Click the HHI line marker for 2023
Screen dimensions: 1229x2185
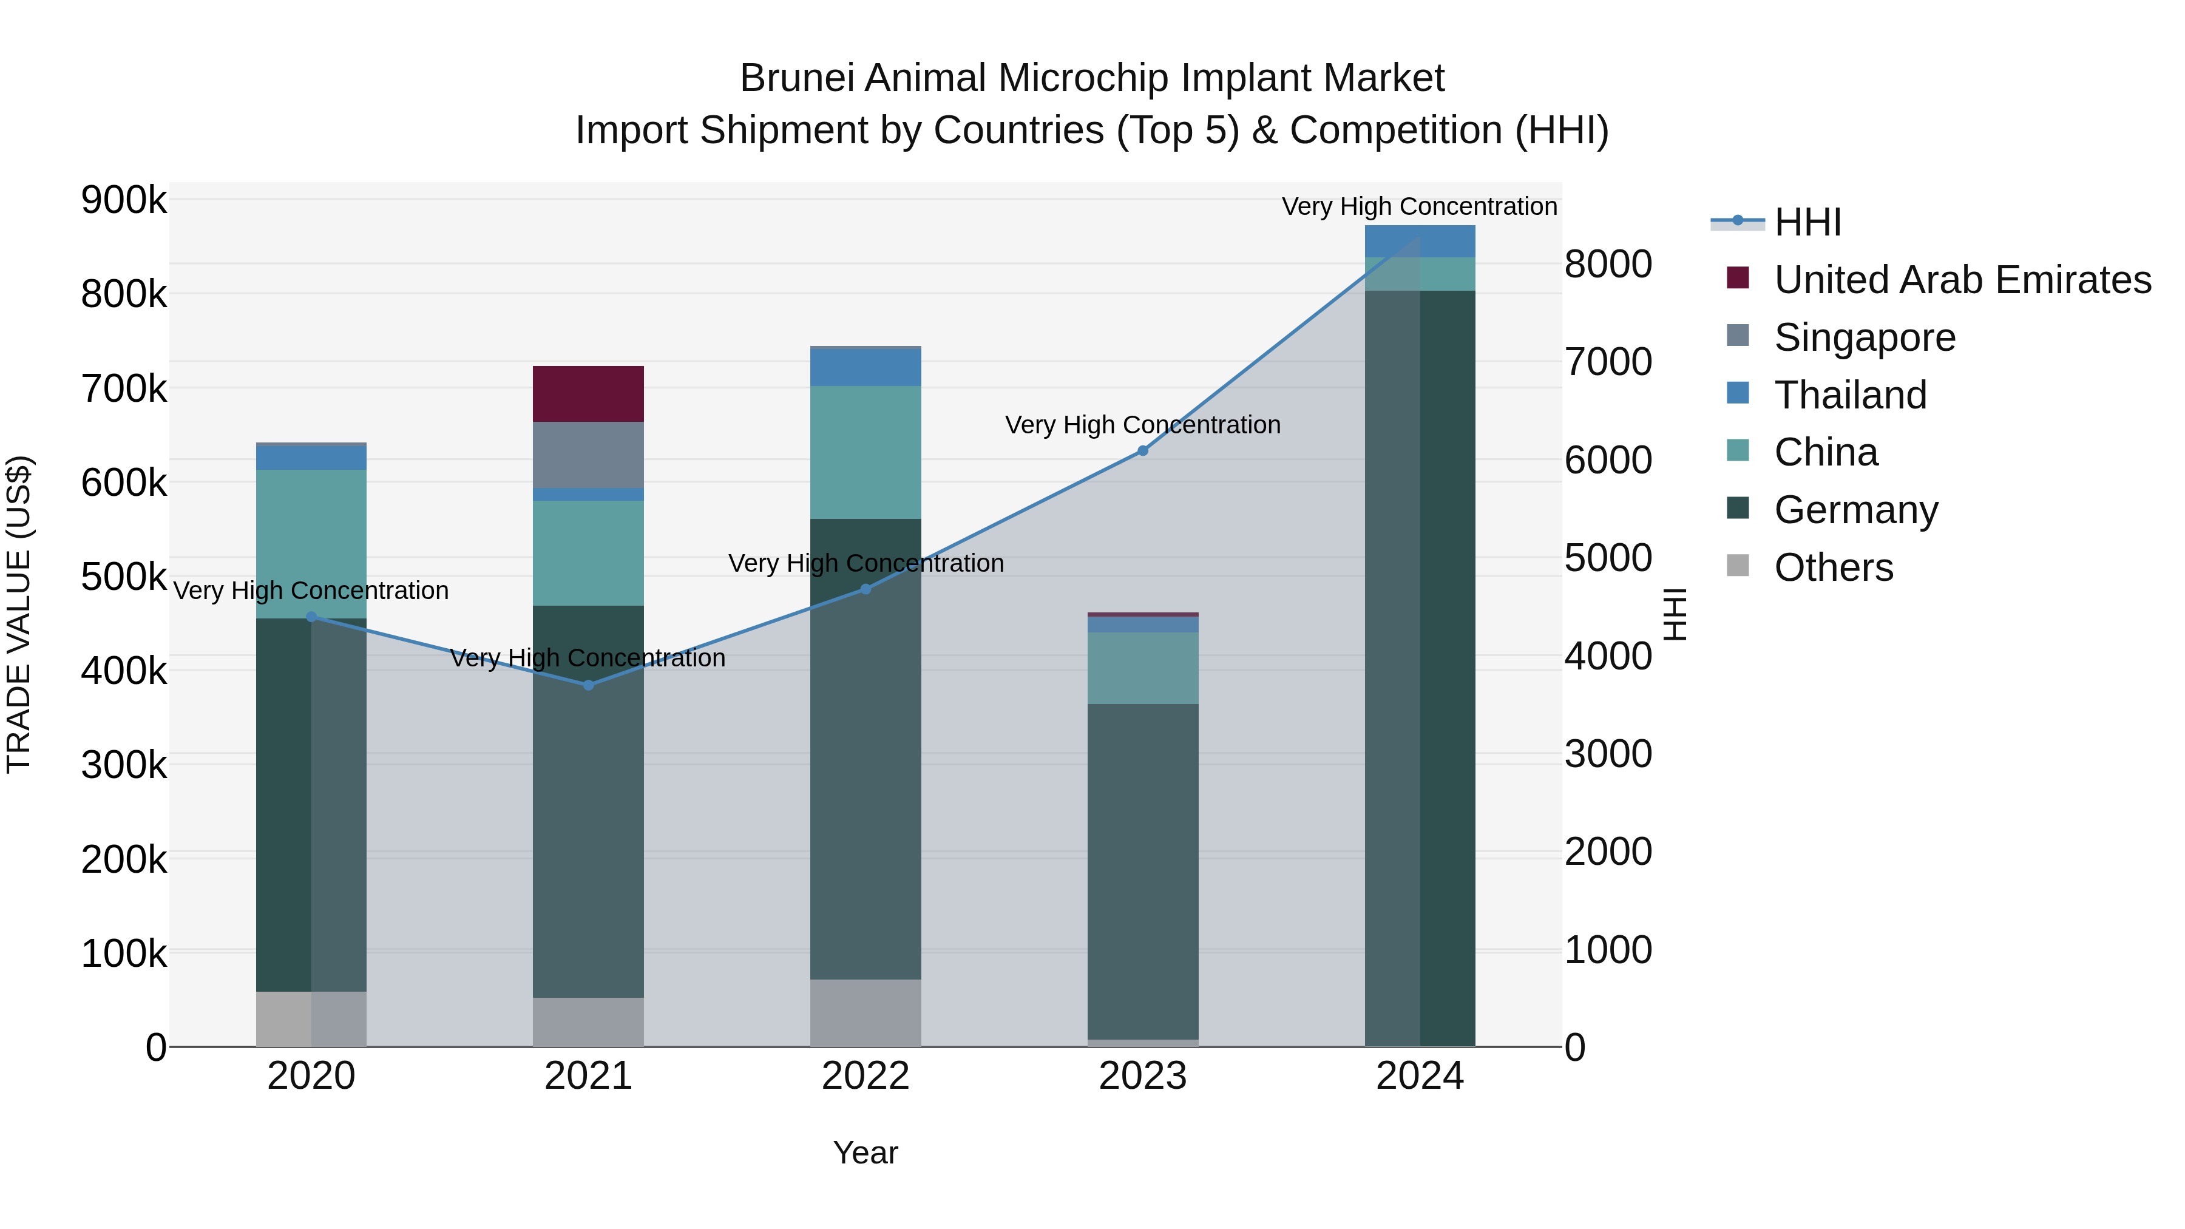[1142, 450]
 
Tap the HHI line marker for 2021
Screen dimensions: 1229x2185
[589, 685]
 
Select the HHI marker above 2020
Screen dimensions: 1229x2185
[311, 617]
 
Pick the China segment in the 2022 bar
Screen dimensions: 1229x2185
[865, 452]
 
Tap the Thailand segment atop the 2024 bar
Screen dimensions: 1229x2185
[1420, 241]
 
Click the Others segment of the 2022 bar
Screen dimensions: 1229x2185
[865, 1013]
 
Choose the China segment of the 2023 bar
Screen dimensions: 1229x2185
[1142, 668]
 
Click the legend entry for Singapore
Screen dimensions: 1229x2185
[1865, 337]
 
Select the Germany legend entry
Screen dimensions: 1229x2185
[1856, 510]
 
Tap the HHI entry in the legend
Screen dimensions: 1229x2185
[1807, 222]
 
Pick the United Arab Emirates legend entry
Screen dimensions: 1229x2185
[1962, 279]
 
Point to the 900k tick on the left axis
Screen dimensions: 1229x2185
[124, 200]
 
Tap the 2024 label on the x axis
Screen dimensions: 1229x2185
[1420, 1075]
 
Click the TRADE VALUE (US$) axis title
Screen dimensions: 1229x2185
[19, 614]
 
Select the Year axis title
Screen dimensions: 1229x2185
[865, 1153]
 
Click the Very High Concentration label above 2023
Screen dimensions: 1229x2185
[1142, 424]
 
